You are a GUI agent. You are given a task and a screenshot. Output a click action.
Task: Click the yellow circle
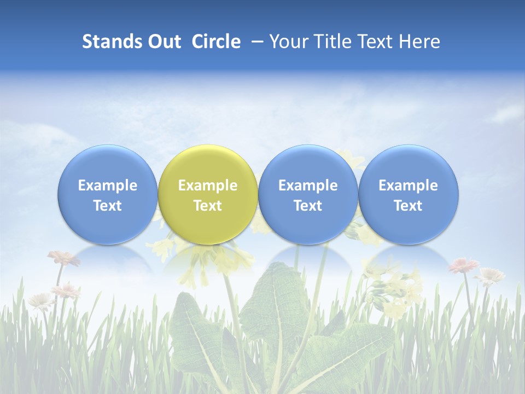[x=208, y=195]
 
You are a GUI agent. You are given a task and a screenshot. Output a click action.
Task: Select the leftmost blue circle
[x=107, y=195]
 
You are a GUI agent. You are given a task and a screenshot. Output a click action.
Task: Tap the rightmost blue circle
[x=408, y=195]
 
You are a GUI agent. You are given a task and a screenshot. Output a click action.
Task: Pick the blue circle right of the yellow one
[x=308, y=195]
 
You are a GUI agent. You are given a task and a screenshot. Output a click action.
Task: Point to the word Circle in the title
[x=216, y=42]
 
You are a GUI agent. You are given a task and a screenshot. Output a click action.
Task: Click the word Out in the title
[x=164, y=42]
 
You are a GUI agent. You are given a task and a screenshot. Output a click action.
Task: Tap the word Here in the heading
[x=419, y=42]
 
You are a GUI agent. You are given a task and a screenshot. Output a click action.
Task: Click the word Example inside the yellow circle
[x=208, y=186]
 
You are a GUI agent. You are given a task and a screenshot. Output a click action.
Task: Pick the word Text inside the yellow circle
[x=208, y=206]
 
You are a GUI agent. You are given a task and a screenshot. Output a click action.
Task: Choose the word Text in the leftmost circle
[x=107, y=206]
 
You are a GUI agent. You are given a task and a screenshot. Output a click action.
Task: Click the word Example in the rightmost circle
[x=408, y=186]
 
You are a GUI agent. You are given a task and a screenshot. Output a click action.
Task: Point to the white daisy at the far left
[x=41, y=299]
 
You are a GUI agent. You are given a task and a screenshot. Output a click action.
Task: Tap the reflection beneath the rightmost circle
[x=408, y=260]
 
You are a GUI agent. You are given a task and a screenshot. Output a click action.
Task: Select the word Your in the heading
[x=287, y=42]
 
